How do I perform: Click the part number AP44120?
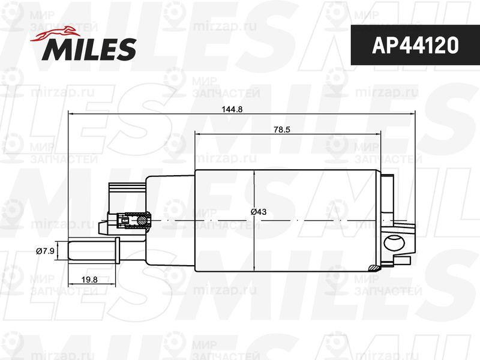point(415,45)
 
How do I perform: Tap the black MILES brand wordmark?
point(89,49)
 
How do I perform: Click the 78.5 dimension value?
point(281,130)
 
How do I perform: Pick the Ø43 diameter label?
point(259,212)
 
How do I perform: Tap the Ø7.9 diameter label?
point(45,251)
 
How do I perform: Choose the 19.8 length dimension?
point(89,280)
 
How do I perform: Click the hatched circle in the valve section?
point(142,220)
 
